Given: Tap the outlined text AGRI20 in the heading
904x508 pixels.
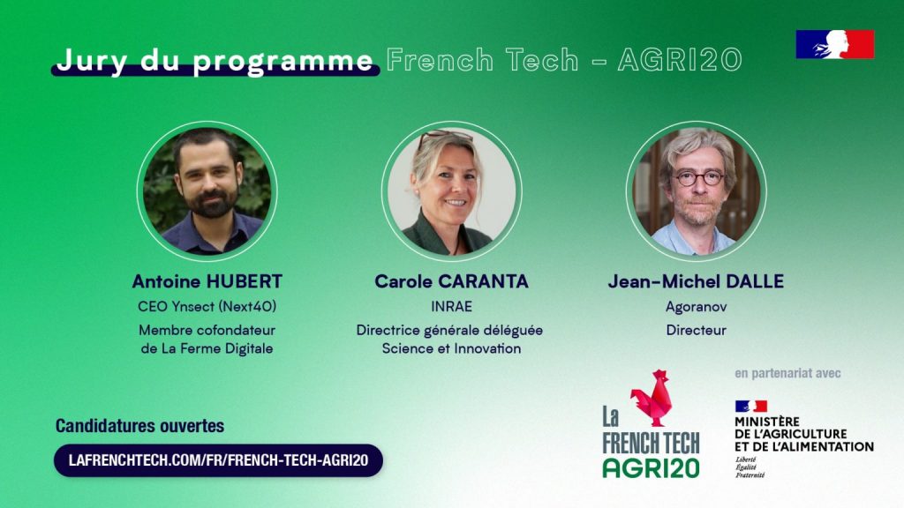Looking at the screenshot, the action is [679, 60].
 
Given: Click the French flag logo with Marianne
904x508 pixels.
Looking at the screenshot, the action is [835, 44].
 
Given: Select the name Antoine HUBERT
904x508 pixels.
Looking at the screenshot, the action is [207, 281].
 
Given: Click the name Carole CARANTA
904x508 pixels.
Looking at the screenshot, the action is [451, 281].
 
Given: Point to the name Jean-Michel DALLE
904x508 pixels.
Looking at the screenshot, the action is [696, 281].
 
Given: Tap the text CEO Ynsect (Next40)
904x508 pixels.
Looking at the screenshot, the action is [207, 306].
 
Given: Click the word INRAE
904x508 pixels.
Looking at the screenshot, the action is [451, 306].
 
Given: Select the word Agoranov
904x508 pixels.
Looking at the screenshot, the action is [696, 307].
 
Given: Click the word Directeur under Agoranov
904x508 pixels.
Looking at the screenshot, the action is [696, 330].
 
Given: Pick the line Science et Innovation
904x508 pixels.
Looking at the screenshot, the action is [451, 348].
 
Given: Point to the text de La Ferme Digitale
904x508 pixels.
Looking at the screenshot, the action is [207, 348].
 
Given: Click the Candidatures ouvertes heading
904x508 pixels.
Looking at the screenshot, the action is [139, 426].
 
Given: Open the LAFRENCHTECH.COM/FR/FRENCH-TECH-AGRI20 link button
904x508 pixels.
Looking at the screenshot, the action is [219, 460].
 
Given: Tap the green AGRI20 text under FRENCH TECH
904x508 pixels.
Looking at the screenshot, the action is [651, 468].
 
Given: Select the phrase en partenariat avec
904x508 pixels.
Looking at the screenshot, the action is [787, 373].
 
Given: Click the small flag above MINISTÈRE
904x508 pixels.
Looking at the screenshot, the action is [750, 406].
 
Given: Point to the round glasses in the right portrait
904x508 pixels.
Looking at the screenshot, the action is [699, 177].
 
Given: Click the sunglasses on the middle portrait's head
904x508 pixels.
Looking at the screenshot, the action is [445, 138].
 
